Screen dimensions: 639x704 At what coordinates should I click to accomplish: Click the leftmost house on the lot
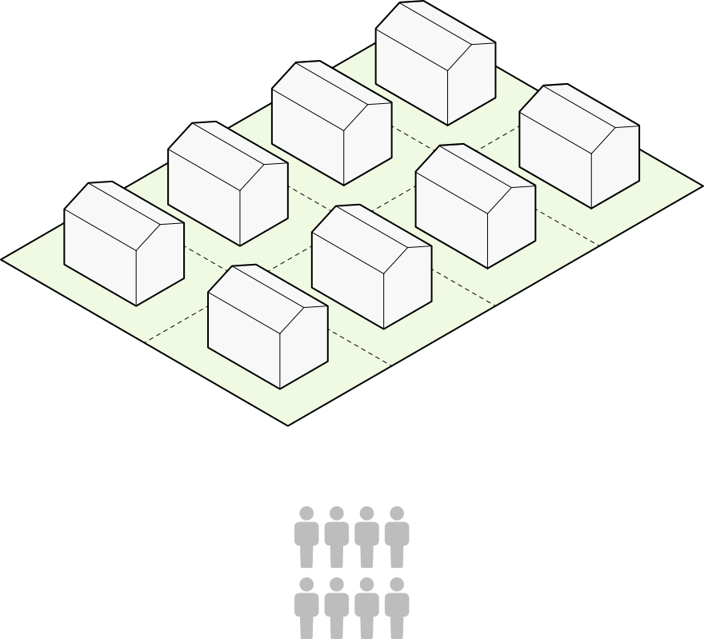coord(124,244)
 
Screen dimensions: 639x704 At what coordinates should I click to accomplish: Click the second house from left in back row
coord(228,184)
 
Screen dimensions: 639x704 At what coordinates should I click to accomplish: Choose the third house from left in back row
coord(331,123)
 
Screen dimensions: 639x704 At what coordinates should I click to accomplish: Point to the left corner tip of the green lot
coord(6,259)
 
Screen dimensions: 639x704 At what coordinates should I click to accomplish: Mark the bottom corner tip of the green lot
coord(287,422)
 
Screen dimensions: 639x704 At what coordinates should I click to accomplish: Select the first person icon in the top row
coord(306,536)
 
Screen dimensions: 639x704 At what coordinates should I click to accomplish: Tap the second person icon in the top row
coord(337,536)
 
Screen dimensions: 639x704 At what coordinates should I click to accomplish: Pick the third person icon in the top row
coord(366,536)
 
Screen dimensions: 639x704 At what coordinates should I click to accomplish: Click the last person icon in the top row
coord(397,536)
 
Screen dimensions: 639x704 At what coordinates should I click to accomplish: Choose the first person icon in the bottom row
coord(306,607)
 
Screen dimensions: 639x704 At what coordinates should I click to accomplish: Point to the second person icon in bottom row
coord(337,607)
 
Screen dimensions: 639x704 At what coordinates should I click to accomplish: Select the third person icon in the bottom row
coord(366,607)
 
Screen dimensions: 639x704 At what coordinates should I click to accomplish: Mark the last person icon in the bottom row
coord(397,607)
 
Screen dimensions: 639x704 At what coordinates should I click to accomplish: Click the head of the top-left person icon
coord(306,513)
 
